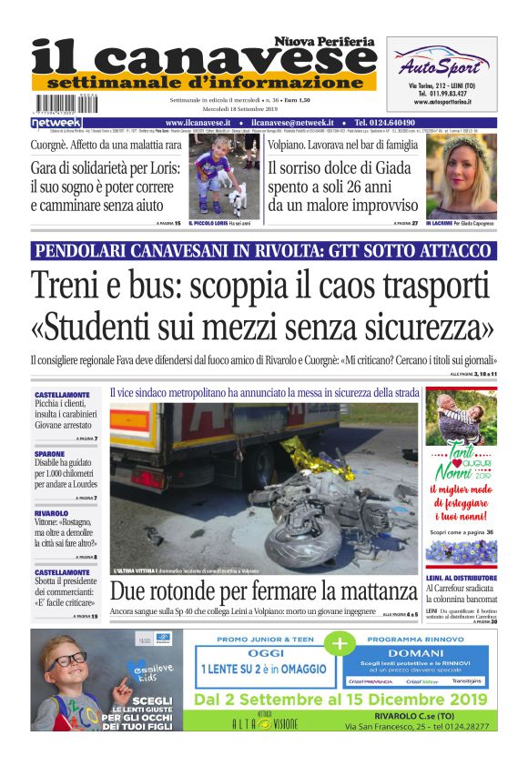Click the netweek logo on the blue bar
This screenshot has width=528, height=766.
pos(56,122)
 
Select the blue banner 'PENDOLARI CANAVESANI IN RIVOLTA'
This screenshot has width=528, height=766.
pos(263,250)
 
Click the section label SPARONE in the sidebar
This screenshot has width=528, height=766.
pos(49,452)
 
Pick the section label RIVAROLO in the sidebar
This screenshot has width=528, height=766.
pos(52,513)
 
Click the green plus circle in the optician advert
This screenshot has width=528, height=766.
pos(340,643)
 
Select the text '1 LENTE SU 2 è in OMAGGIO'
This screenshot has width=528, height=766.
pos(264,669)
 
